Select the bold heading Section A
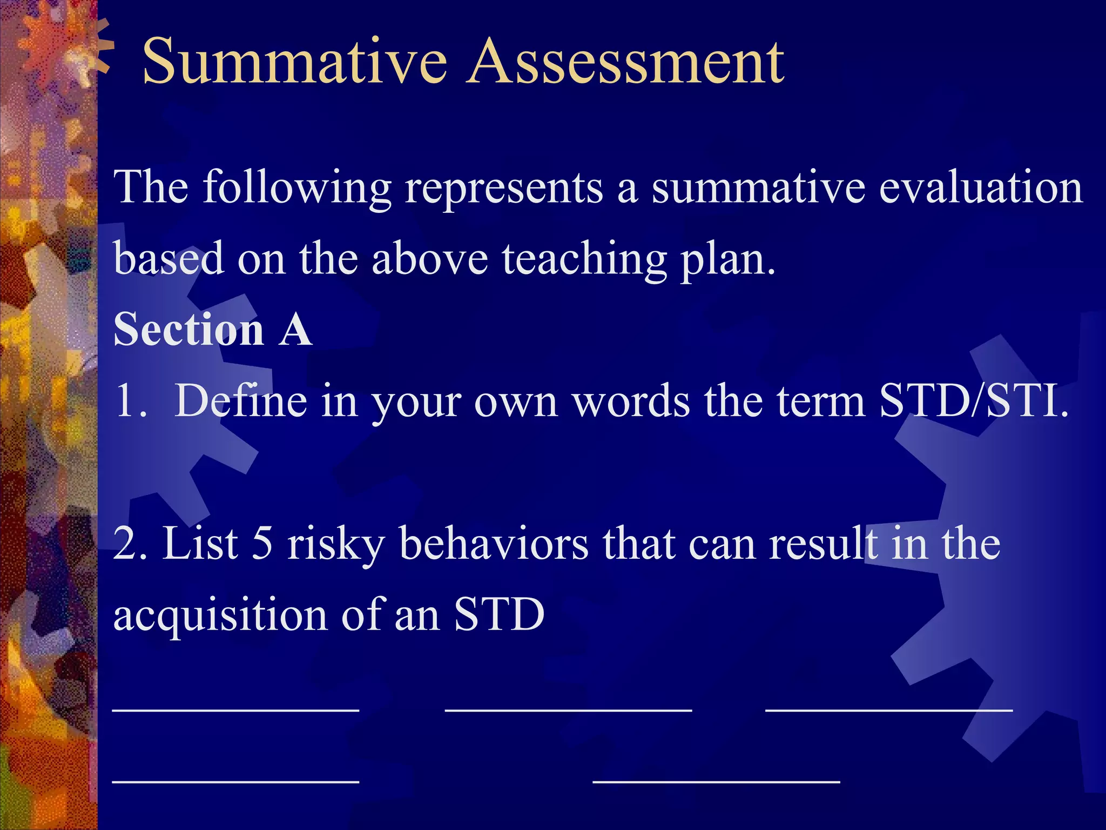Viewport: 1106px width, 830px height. (x=213, y=329)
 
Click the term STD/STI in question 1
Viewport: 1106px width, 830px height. (x=974, y=401)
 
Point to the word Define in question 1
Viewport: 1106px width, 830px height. (x=240, y=401)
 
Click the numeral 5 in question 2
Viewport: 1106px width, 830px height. (x=262, y=544)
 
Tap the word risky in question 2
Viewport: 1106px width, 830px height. (x=335, y=544)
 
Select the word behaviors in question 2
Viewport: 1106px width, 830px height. (x=494, y=544)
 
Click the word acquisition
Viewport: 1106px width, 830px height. (x=220, y=615)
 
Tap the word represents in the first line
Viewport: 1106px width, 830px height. (x=503, y=187)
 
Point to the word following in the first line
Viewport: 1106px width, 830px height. (x=296, y=187)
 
